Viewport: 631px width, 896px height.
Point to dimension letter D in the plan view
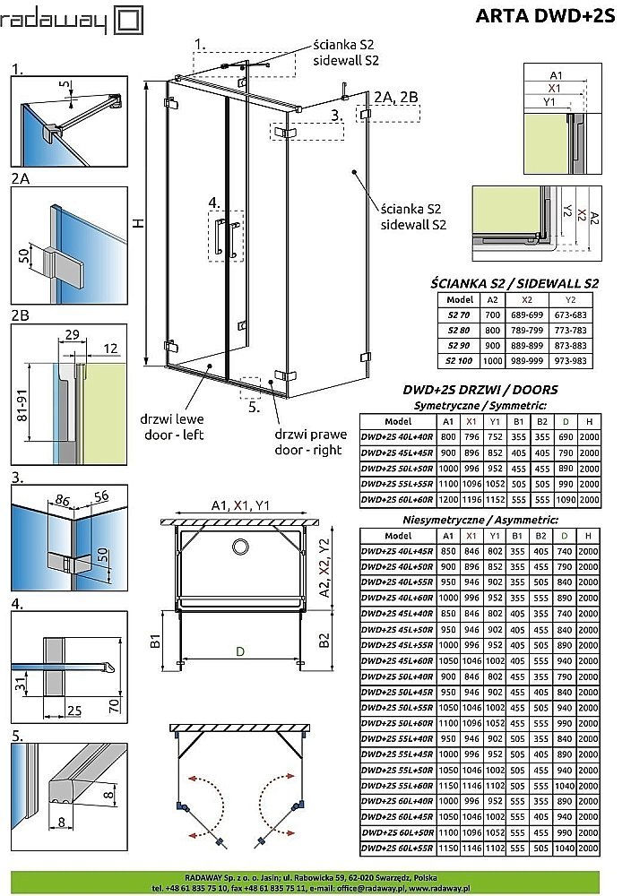[x=239, y=652]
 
